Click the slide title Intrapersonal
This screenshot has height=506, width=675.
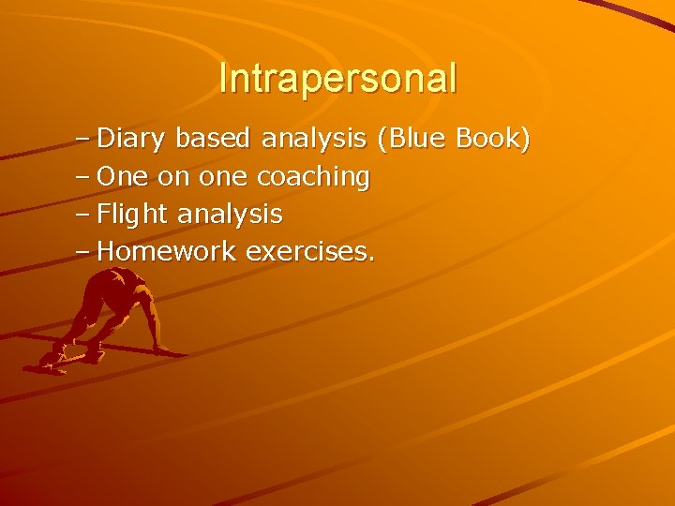click(x=337, y=78)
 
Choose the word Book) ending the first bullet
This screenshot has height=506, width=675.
click(x=493, y=140)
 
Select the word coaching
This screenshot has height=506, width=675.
click(x=313, y=176)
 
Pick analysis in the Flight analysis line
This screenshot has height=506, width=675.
click(x=230, y=214)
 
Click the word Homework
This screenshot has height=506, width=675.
click(x=167, y=251)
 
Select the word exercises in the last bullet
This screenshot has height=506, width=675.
click(x=307, y=251)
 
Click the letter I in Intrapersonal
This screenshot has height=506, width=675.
click(x=223, y=78)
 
